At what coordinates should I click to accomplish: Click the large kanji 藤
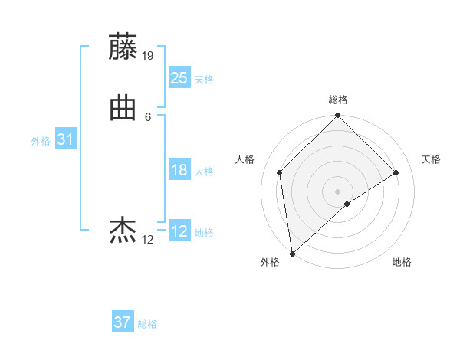pyautogui.click(x=123, y=47)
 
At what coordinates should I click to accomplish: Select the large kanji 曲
pyautogui.click(x=123, y=108)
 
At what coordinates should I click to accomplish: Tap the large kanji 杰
pyautogui.click(x=123, y=230)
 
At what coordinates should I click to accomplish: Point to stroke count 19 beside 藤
pyautogui.click(x=149, y=56)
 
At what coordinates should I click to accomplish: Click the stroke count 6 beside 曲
pyautogui.click(x=148, y=116)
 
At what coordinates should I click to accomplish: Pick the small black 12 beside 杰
pyautogui.click(x=148, y=239)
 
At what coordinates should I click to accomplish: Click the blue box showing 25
pyautogui.click(x=179, y=78)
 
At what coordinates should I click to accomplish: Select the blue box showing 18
pyautogui.click(x=179, y=170)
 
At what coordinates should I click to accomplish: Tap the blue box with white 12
pyautogui.click(x=179, y=231)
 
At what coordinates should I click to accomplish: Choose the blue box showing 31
pyautogui.click(x=65, y=139)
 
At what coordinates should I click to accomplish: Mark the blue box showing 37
pyautogui.click(x=122, y=322)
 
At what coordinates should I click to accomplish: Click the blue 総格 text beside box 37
pyautogui.click(x=147, y=324)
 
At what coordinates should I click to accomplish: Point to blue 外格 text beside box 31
pyautogui.click(x=41, y=141)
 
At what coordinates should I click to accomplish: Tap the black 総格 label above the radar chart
pyautogui.click(x=338, y=100)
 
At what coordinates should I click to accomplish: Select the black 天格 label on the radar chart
pyautogui.click(x=432, y=159)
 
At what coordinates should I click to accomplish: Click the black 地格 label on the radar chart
pyautogui.click(x=402, y=263)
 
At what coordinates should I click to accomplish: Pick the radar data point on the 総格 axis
pyautogui.click(x=338, y=116)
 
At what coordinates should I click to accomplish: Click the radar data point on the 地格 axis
pyautogui.click(x=347, y=204)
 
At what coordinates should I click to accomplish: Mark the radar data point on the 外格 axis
pyautogui.click(x=291, y=254)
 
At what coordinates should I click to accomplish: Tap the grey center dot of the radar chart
pyautogui.click(x=338, y=191)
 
